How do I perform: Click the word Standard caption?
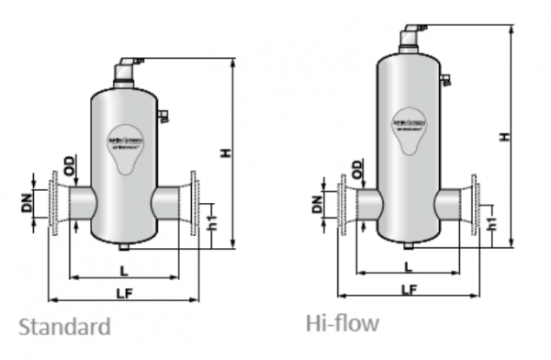(64, 327)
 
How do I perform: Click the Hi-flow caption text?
(342, 322)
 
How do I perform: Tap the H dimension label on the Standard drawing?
(225, 152)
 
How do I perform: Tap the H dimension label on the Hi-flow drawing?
(503, 136)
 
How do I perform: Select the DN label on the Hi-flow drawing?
(317, 204)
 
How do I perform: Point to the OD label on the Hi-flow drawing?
(356, 171)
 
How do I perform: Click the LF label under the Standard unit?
(121, 292)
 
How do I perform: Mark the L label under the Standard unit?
(121, 268)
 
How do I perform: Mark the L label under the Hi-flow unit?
(408, 266)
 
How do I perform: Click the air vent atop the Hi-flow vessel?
(410, 37)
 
